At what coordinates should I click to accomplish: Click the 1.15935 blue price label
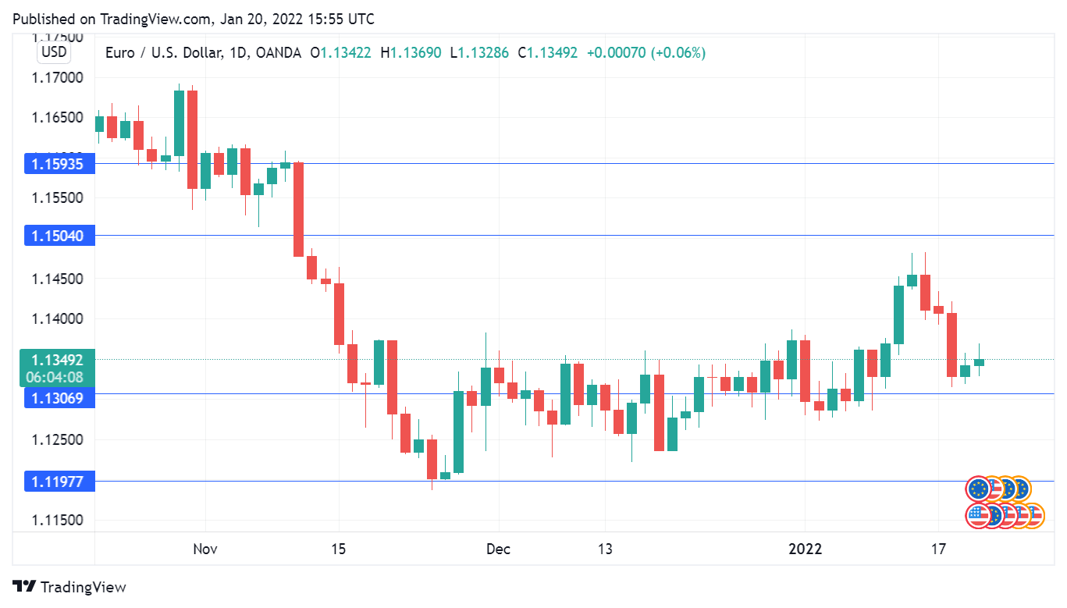coord(59,164)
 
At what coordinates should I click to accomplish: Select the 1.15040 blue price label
coord(59,235)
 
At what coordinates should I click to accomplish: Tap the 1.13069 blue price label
coord(59,398)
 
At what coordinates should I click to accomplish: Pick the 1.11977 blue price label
coord(59,482)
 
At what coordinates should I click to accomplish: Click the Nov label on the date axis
coord(205,549)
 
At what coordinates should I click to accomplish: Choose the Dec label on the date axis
coord(498,549)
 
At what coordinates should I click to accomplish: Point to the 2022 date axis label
coord(805,549)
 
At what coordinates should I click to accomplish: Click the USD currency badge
coord(55,53)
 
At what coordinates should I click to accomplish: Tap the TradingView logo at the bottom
coord(69,587)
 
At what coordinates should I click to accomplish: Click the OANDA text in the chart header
coord(278,53)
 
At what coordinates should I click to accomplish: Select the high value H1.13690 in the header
coord(411,53)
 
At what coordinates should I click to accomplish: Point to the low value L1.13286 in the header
coord(479,53)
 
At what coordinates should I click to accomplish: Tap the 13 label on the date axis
coord(605,549)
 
